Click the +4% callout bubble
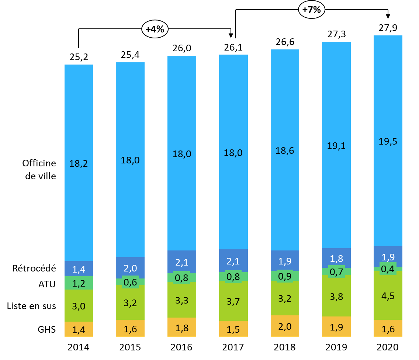[155, 29]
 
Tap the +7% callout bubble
[312, 10]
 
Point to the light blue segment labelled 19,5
[388, 141]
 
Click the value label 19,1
[336, 146]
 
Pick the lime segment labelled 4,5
[388, 295]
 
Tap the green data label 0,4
[388, 269]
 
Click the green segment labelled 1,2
[79, 283]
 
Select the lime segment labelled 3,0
[79, 305]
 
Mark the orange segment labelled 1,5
[233, 329]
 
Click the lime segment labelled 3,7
[233, 301]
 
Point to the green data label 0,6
[130, 282]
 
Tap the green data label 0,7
[336, 272]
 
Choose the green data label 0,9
[285, 276]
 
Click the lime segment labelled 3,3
[182, 300]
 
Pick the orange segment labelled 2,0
[285, 326]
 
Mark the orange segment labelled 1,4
[79, 329]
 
